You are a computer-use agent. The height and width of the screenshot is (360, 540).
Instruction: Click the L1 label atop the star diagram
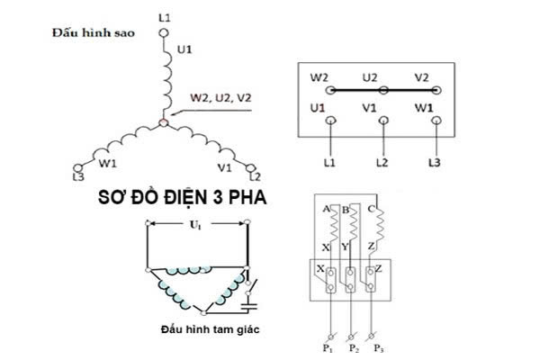tap(163, 17)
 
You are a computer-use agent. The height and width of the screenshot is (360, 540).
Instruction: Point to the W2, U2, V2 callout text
tap(220, 97)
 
